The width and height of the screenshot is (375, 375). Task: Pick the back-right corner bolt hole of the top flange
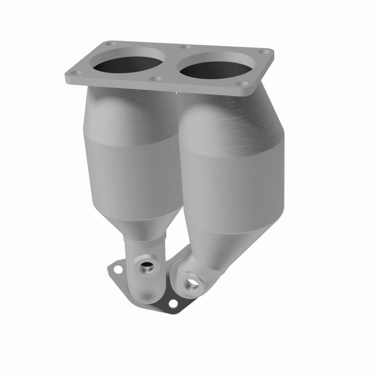click(266, 52)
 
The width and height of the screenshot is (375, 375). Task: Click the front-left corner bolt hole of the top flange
click(77, 73)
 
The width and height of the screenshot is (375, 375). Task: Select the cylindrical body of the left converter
click(131, 169)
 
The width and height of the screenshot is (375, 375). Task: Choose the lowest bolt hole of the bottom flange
click(173, 304)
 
